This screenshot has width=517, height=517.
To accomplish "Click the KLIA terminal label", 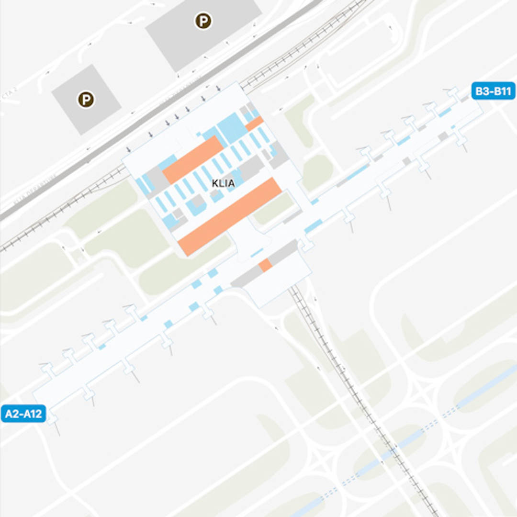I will pos(223,183).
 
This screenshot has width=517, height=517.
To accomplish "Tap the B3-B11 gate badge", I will pos(493,91).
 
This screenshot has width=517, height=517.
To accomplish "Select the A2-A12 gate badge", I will pos(23,414).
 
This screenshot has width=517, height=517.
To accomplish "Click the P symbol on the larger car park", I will pos(203,21).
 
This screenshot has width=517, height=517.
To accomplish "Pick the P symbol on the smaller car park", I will pos(86,100).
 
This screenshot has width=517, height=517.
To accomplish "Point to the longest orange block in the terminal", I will pos(230,216).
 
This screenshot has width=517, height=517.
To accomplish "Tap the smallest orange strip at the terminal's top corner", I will pos(254,124).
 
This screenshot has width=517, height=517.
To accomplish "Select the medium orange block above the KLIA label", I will pos(193,159).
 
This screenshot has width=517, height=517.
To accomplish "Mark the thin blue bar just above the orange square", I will pos(257,252).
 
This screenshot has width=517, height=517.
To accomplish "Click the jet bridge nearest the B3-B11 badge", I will pos(451,93).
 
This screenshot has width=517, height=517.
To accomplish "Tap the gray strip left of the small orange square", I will pos(247,277).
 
